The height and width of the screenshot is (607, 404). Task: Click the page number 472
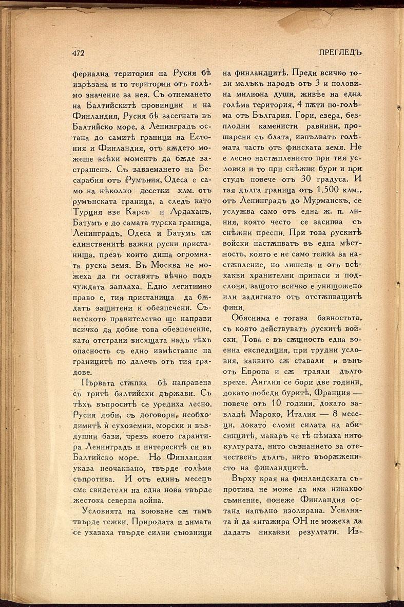pos(78,53)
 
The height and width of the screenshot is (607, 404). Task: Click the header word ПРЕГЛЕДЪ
pos(341,53)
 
